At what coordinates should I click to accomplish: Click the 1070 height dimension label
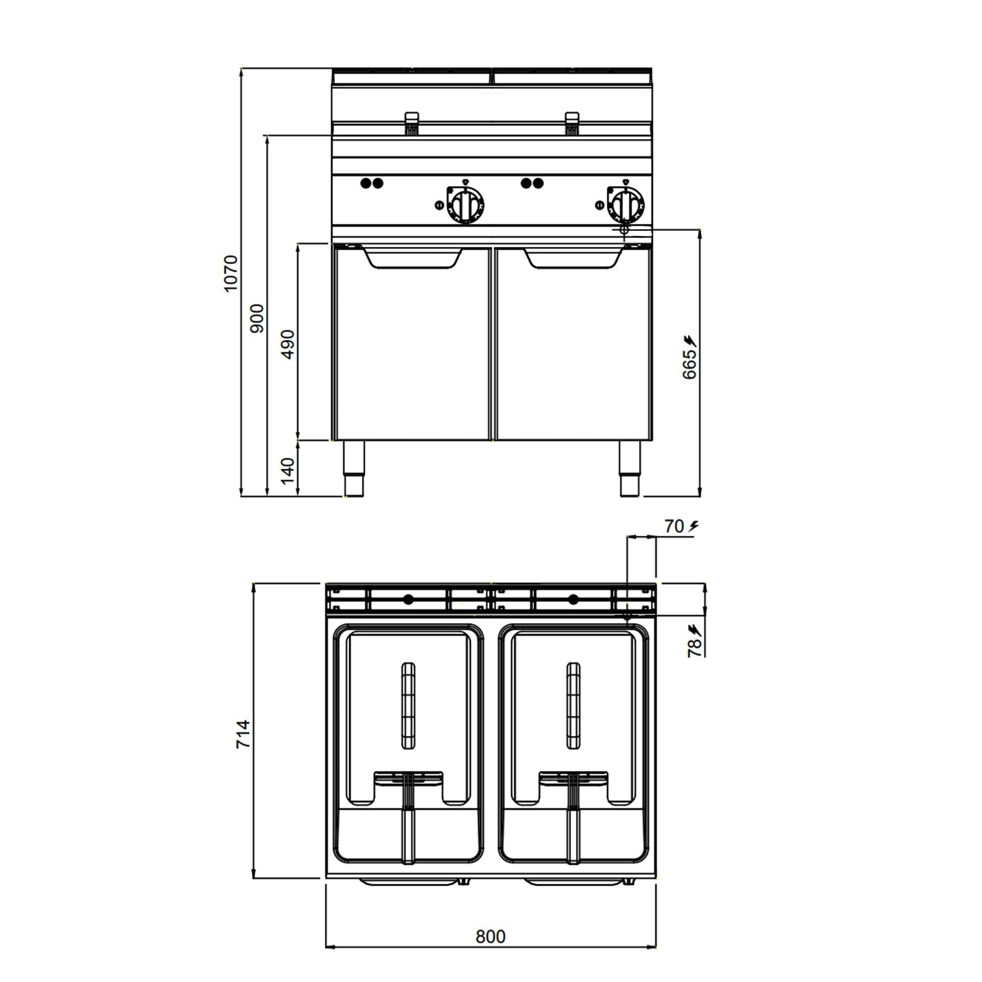231,273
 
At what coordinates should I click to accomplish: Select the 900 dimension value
258,318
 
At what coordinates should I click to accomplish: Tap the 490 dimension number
288,345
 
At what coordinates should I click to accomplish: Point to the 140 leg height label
288,471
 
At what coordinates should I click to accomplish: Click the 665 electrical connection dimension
689,364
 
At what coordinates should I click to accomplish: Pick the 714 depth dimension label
244,734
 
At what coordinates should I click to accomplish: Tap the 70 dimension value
674,526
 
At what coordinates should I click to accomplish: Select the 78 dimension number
695,649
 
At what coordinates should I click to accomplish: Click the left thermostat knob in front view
465,204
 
